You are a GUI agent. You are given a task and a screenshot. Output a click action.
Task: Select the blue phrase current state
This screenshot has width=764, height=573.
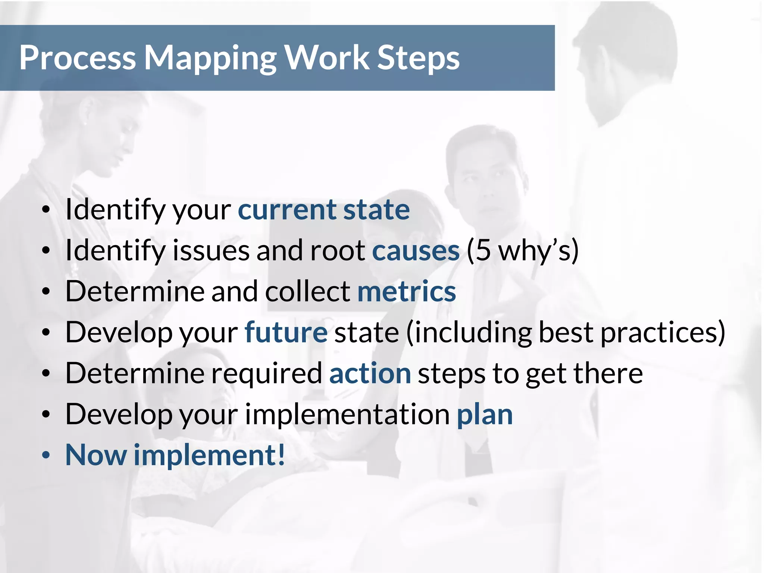click(324, 210)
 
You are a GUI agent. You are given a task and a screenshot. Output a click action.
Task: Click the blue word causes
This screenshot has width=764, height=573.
click(416, 251)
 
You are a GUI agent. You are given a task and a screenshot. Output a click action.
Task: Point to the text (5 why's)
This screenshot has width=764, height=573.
click(522, 251)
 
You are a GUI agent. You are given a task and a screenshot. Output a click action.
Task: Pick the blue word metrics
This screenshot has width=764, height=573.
click(407, 292)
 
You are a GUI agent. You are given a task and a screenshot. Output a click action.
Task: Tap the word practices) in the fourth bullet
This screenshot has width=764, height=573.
click(663, 333)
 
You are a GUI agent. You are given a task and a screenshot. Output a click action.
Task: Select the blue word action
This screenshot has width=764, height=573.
click(370, 374)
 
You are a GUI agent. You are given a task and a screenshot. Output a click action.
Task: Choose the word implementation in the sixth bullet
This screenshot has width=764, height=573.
click(347, 415)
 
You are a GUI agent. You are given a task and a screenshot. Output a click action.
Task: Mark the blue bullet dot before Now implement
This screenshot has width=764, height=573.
click(46, 455)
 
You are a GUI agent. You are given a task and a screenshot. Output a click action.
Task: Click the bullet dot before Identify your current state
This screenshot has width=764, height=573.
click(46, 210)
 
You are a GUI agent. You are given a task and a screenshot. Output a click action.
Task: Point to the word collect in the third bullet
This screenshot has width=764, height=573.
click(307, 292)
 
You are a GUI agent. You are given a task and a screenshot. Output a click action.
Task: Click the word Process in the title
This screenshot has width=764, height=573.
click(78, 58)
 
